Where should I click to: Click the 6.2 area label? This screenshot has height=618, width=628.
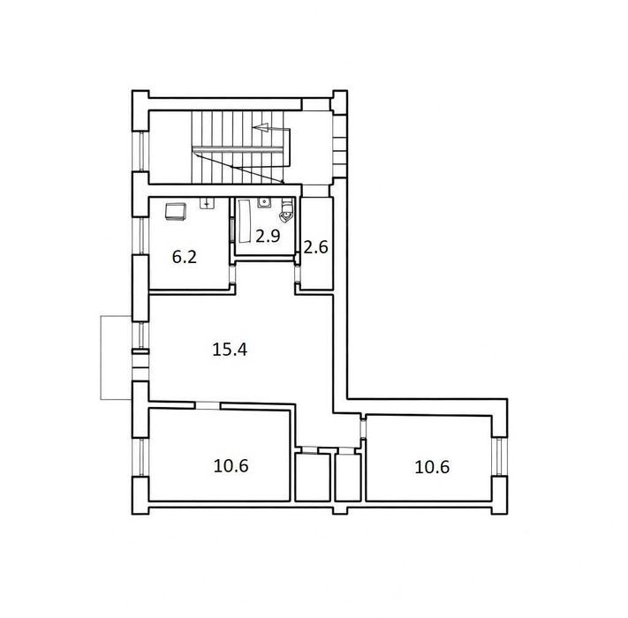[x=185, y=257]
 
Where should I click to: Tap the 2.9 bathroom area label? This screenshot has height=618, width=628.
[x=268, y=236]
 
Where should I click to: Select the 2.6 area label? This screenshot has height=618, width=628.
[x=316, y=247]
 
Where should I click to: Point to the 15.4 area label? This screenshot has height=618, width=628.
[x=230, y=350]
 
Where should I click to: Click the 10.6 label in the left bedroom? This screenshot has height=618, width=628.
[x=231, y=465]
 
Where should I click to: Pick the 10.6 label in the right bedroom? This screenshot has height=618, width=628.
[x=432, y=467]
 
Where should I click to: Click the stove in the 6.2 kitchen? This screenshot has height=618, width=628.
[x=176, y=211]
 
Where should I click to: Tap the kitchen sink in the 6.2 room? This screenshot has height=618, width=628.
[x=207, y=203]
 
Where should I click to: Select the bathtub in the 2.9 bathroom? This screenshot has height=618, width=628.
[x=245, y=222]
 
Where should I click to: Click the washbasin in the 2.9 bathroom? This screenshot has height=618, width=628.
[x=263, y=202]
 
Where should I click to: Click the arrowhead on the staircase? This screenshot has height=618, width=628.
[x=261, y=128]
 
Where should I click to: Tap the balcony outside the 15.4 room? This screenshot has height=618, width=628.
[x=116, y=358]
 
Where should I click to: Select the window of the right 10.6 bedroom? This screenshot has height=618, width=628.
[x=499, y=456]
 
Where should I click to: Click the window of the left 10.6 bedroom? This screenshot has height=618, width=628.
[x=140, y=457]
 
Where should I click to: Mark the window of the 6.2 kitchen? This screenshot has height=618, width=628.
[x=140, y=236]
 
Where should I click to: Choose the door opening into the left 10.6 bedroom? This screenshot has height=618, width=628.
[x=208, y=405]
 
